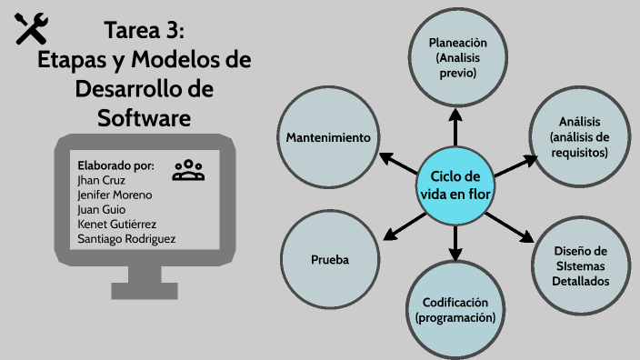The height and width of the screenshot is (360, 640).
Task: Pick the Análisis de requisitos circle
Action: [x=579, y=137]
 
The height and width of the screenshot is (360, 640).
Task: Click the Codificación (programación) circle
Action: [x=455, y=309]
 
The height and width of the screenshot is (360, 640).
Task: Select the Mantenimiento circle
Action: [x=327, y=137]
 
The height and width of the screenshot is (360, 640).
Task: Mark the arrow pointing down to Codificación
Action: [x=455, y=241]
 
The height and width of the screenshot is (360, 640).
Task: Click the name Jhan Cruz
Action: [x=101, y=180]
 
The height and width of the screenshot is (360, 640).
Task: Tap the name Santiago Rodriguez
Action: [x=126, y=238]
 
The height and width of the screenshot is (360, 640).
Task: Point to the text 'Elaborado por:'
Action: [x=115, y=165]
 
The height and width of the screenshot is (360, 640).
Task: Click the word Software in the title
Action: [x=144, y=117]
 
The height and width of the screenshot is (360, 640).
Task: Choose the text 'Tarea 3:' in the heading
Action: [x=145, y=30]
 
